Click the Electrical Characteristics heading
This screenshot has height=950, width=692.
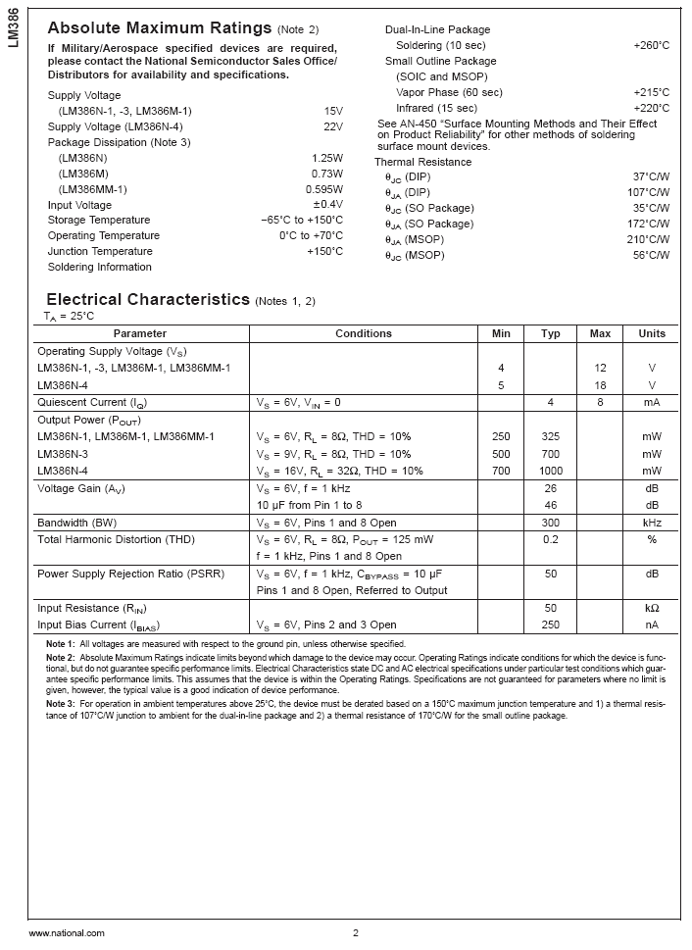pyautogui.click(x=149, y=299)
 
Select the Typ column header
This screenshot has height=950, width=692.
pyautogui.click(x=551, y=333)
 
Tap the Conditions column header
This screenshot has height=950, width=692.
pyautogui.click(x=363, y=333)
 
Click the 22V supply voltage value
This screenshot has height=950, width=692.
pyautogui.click(x=333, y=126)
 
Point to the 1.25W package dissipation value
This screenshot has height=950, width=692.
pyautogui.click(x=327, y=158)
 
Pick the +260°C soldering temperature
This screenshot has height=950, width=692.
pyautogui.click(x=652, y=45)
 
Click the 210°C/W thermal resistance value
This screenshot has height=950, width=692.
pyautogui.click(x=650, y=239)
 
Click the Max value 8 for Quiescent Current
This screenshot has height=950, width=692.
pyautogui.click(x=600, y=402)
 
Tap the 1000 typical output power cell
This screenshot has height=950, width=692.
pyautogui.click(x=551, y=471)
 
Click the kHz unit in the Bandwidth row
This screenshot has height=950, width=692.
pyautogui.click(x=652, y=523)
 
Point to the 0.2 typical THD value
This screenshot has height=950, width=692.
pyautogui.click(x=551, y=539)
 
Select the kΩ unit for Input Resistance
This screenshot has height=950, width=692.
pyautogui.click(x=652, y=609)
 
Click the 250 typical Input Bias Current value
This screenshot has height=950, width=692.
pyautogui.click(x=551, y=625)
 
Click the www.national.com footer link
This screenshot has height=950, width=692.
pyautogui.click(x=67, y=933)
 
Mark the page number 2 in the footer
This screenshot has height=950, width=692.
pyautogui.click(x=356, y=933)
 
